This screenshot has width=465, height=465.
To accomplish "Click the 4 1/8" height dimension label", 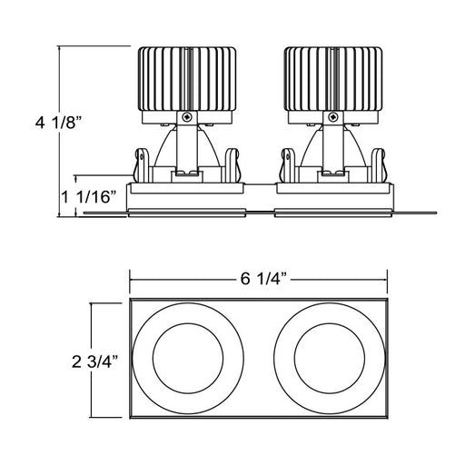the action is click(59, 124).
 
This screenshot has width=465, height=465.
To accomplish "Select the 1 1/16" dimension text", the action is click(89, 197).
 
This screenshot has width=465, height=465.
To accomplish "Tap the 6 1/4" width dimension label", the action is click(263, 279).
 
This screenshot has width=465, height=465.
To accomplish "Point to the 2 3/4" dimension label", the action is click(94, 361).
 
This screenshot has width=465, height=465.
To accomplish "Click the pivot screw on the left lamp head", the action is click(187, 116).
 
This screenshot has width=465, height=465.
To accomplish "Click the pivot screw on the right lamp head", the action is click(333, 116).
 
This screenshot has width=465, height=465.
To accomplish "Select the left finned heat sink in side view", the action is click(187, 79).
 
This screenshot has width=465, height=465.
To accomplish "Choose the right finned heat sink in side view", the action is click(333, 79).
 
